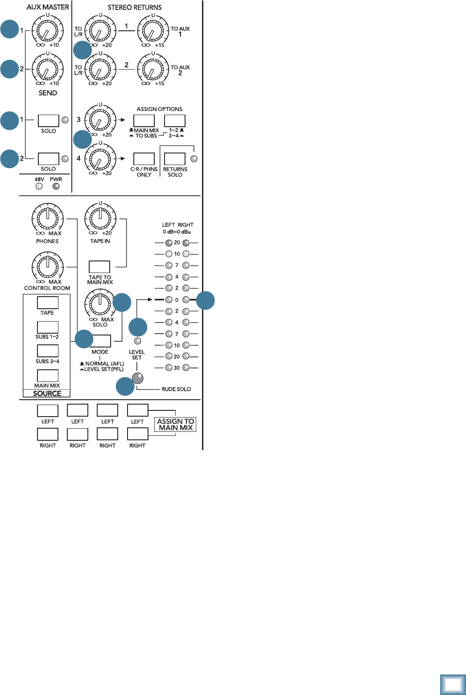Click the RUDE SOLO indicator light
pos(138,378)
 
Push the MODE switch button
pos(100,341)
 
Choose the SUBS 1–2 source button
pos(47,327)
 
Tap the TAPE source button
pos(47,303)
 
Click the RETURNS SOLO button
pos(174,159)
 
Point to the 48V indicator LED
pos(39,186)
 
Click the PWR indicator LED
pos(56,186)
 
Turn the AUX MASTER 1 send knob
pos(47,31)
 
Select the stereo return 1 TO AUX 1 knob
pos(153,31)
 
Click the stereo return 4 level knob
pos(100,158)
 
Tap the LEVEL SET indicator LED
pos(137,341)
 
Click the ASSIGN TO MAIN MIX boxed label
pos(176,424)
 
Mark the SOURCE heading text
pos(47,393)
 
